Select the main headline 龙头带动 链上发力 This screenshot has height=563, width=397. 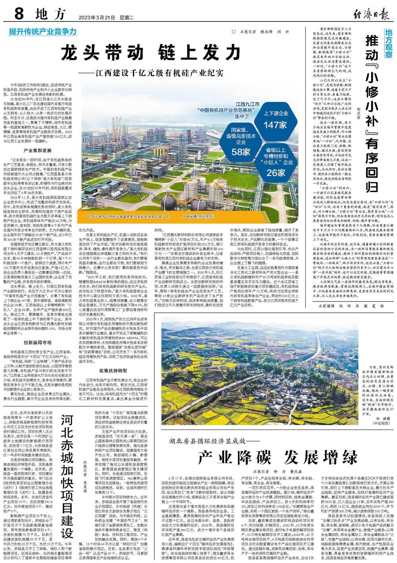[x=151, y=52]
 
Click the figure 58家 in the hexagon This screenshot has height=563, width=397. [x=241, y=151]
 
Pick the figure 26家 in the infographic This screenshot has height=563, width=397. [x=276, y=172]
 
